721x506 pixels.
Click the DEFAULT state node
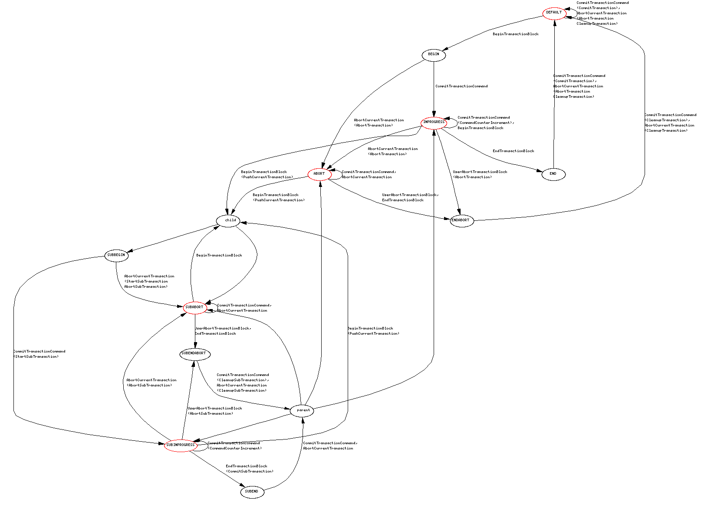click(554, 13)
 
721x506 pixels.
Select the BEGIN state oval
click(434, 55)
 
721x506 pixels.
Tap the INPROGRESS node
click(434, 123)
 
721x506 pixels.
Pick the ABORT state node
click(319, 174)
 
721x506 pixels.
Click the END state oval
click(553, 174)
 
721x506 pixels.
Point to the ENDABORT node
click(461, 221)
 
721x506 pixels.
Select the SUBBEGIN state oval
click(116, 256)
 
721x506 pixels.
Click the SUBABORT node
click(194, 308)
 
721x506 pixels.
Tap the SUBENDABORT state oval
click(194, 354)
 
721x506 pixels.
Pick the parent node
click(302, 411)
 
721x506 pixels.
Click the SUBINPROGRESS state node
click(181, 446)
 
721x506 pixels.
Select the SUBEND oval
click(252, 492)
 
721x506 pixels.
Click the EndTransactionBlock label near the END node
click(513, 151)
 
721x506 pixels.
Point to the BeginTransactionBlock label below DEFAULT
click(515, 34)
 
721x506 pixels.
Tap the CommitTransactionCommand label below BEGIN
click(461, 87)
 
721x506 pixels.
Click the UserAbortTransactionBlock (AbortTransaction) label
click(480, 175)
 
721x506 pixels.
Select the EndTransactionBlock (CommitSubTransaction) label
click(249, 469)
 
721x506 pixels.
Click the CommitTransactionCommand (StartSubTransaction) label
click(39, 354)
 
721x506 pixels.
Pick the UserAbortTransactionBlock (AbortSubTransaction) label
click(214, 411)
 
